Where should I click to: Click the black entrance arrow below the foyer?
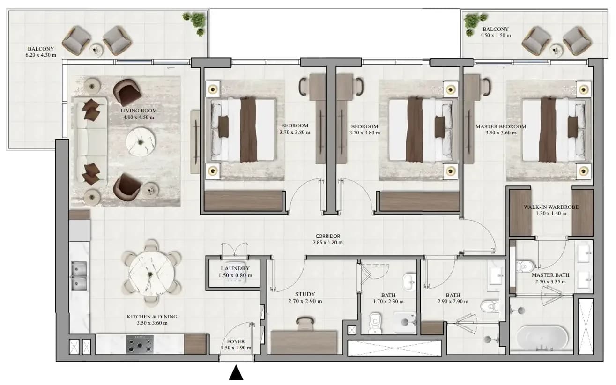pos(236,372)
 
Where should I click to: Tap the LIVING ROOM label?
pos(139,111)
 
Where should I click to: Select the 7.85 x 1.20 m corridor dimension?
pos(328,242)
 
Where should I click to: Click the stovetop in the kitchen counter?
pos(140,344)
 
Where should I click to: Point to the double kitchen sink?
pos(79,276)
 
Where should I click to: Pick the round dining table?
pos(151,274)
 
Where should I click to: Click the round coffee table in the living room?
pos(141,142)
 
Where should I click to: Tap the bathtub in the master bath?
pos(542,339)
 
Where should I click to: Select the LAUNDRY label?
pos(235,268)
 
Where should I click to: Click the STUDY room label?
pos(305,294)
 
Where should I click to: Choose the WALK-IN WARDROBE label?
pos(551,207)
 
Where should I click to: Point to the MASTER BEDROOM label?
pos(501,126)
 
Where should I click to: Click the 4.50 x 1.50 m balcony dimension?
pos(496,35)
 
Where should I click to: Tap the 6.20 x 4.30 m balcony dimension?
pos(41,55)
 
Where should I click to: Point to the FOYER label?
pos(236,341)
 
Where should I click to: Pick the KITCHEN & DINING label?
pos(152,317)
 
